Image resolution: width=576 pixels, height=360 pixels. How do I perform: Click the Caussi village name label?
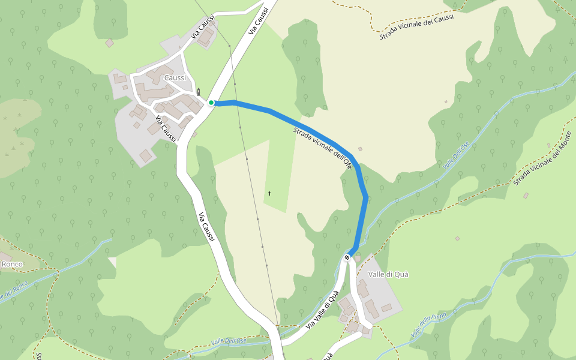[175, 78]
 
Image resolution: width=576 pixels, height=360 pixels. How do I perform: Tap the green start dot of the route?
[211, 103]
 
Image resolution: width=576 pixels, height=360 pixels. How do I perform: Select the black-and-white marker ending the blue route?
[347, 257]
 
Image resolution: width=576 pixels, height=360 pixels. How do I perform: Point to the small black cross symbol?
[270, 193]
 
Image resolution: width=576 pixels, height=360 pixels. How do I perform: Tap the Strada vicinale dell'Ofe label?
[322, 148]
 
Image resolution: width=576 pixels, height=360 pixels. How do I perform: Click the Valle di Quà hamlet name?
[388, 274]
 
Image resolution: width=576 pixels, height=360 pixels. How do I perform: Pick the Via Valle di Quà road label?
[322, 310]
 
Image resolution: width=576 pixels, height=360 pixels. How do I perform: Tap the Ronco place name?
[12, 264]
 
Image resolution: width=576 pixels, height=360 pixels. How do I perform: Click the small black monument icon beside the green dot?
[199, 92]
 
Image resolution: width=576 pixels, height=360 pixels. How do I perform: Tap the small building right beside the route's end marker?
[358, 259]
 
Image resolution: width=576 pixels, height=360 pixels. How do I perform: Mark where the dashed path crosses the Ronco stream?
[58, 273]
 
